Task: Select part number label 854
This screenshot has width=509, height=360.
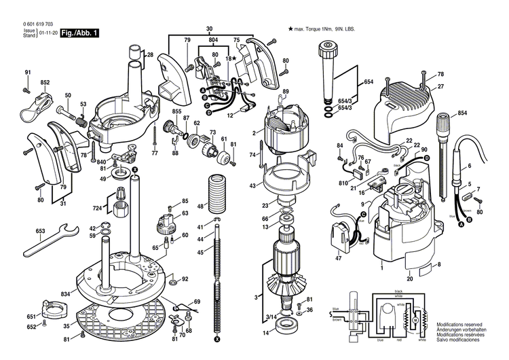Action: point(461,112)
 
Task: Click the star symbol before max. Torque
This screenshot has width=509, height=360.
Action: point(290,29)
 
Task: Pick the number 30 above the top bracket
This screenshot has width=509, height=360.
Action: point(208,28)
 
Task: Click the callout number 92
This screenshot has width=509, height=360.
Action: point(185,278)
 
